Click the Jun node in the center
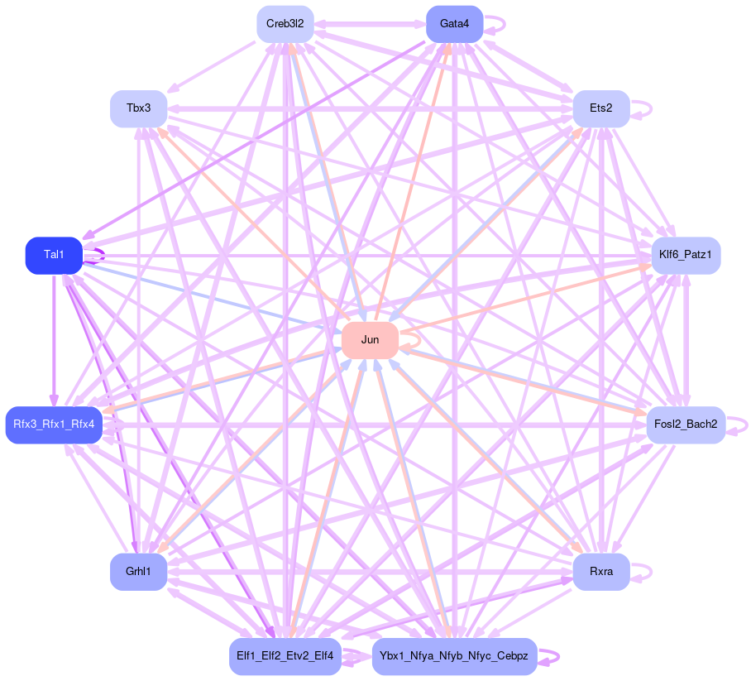370,340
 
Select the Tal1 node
54,255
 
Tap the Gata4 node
454,24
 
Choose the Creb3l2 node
285,24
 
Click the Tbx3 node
138,109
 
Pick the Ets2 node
601,109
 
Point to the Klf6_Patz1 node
686,255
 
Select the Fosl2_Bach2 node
685,425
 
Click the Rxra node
601,572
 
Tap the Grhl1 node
138,572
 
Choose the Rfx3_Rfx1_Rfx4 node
54,425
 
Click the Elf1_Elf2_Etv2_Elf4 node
285,656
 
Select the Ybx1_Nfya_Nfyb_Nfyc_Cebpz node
454,656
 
